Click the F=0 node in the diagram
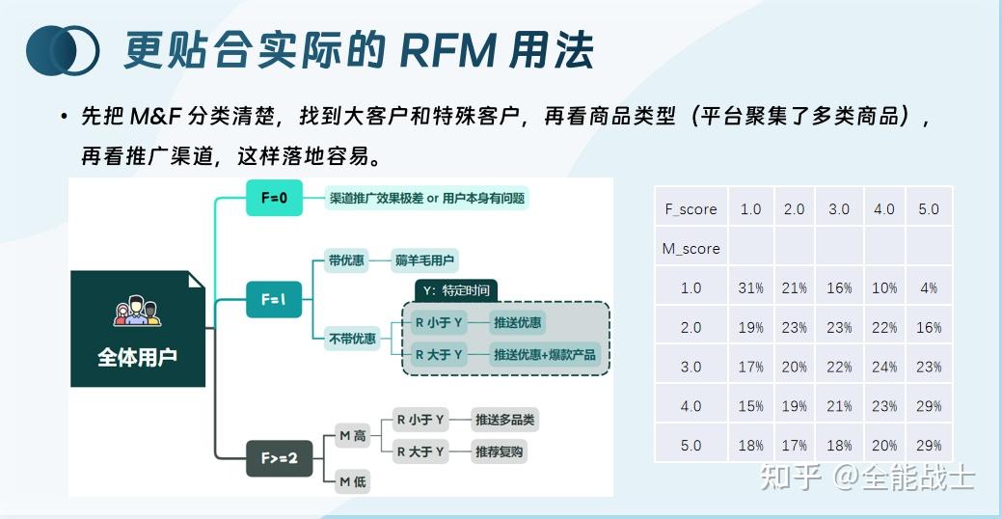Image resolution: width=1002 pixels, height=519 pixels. click(274, 199)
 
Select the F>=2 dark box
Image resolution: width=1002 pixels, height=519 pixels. click(280, 458)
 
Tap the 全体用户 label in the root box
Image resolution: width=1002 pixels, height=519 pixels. click(138, 356)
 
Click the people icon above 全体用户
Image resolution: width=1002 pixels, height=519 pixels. click(138, 313)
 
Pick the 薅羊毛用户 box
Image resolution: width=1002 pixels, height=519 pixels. click(425, 260)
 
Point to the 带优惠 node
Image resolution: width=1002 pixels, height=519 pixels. click(344, 260)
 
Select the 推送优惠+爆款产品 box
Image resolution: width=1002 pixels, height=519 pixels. click(545, 354)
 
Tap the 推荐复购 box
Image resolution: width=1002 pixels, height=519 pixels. click(500, 451)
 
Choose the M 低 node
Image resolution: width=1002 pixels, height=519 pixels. click(352, 481)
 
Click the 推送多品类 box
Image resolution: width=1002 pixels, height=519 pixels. click(504, 420)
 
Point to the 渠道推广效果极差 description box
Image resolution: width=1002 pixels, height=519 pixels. click(426, 199)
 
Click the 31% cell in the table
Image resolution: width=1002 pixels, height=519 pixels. click(750, 288)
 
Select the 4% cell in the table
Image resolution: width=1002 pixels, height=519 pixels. click(929, 288)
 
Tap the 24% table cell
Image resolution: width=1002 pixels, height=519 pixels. click(883, 368)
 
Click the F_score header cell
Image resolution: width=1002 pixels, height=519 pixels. click(691, 209)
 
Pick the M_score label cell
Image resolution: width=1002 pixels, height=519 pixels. click(691, 249)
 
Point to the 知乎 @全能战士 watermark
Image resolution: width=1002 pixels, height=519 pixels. click(868, 477)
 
